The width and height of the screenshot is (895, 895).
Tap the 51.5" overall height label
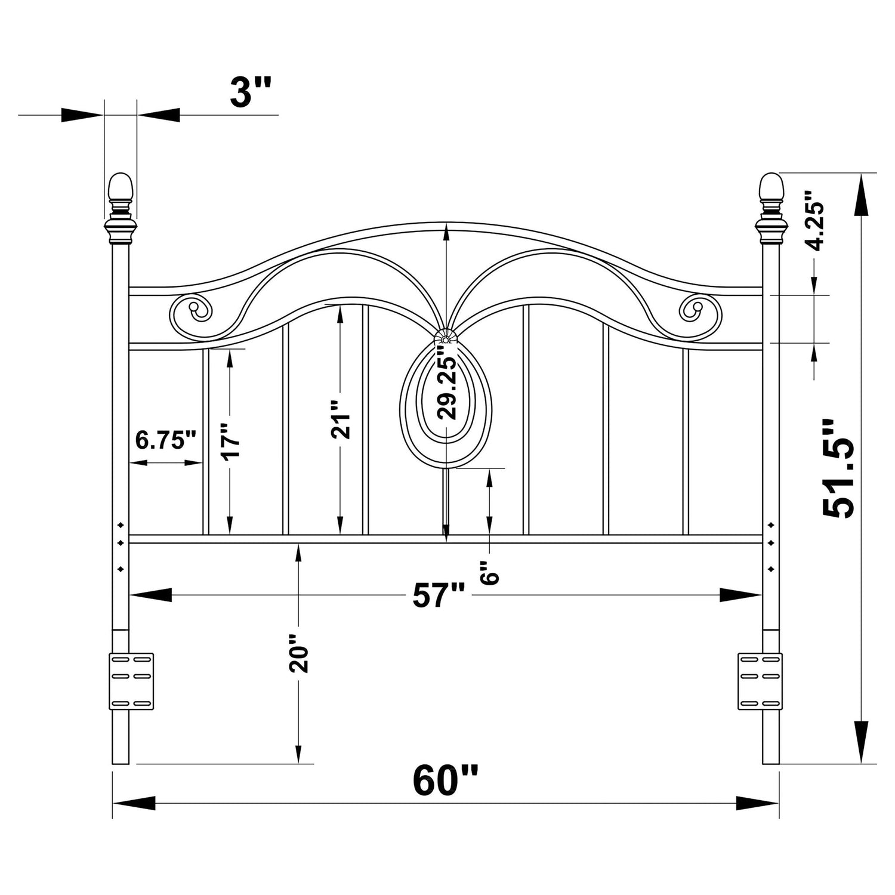pyautogui.click(x=838, y=468)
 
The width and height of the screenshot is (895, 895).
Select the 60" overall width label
pyautogui.click(x=446, y=780)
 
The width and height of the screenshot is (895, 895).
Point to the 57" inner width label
pyautogui.click(x=439, y=595)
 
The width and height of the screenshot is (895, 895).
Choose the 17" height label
pyautogui.click(x=230, y=442)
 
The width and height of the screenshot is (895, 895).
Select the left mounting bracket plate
pyautogui.click(x=131, y=681)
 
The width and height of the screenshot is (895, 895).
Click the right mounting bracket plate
pyautogui.click(x=760, y=681)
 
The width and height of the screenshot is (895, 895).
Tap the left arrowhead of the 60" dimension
pyautogui.click(x=134, y=803)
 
